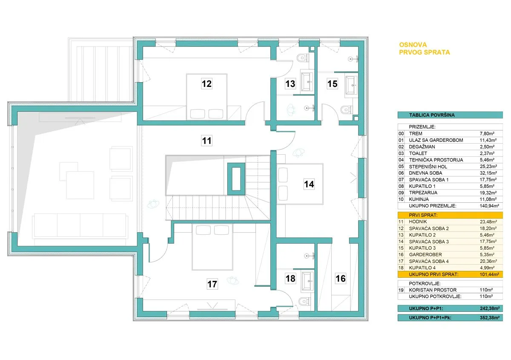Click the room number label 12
pyautogui.click(x=207, y=84)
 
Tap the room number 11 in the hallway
pyautogui.click(x=207, y=141)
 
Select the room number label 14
pyautogui.click(x=309, y=184)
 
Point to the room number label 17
pyautogui.click(x=212, y=284)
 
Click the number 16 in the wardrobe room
pyautogui.click(x=341, y=278)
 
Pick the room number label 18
pyautogui.click(x=290, y=278)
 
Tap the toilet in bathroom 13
pyautogui.click(x=303, y=58)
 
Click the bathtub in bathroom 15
pyautogui.click(x=351, y=85)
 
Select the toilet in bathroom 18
pyautogui.click(x=304, y=302)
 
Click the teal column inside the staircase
pyautogui.click(x=236, y=179)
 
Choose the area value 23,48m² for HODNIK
pyautogui.click(x=488, y=222)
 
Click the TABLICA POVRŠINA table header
pyautogui.click(x=432, y=115)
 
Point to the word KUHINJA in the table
pyautogui.click(x=419, y=199)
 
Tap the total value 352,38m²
pyautogui.click(x=490, y=317)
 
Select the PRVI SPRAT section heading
pyautogui.click(x=423, y=215)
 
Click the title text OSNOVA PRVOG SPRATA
pyautogui.click(x=424, y=49)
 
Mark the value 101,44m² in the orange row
pyautogui.click(x=489, y=274)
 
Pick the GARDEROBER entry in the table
pyautogui.click(x=425, y=254)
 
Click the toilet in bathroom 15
pyautogui.click(x=347, y=110)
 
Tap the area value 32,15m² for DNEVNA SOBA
pyautogui.click(x=488, y=173)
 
